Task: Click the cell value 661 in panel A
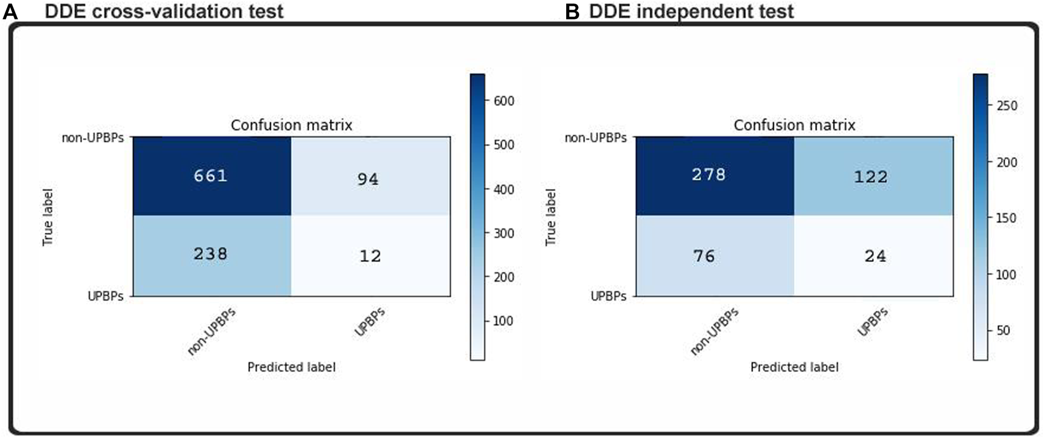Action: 210,176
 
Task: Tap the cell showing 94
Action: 368,179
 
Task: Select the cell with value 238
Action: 210,254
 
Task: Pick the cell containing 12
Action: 370,256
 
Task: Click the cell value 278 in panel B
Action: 709,175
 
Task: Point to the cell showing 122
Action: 871,177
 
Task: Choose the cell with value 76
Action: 704,256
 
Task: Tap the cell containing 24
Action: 875,256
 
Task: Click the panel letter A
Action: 10,12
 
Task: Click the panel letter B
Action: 571,12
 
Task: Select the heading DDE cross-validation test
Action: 164,11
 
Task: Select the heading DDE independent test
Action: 691,11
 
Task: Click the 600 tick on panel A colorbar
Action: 503,101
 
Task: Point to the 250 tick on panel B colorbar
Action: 1006,106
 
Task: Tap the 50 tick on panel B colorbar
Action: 1003,331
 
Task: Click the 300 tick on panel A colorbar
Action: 503,233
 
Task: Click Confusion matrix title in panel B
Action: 794,125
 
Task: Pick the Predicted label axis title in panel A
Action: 291,367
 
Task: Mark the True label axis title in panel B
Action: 550,217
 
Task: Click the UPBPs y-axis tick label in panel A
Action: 105,296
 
